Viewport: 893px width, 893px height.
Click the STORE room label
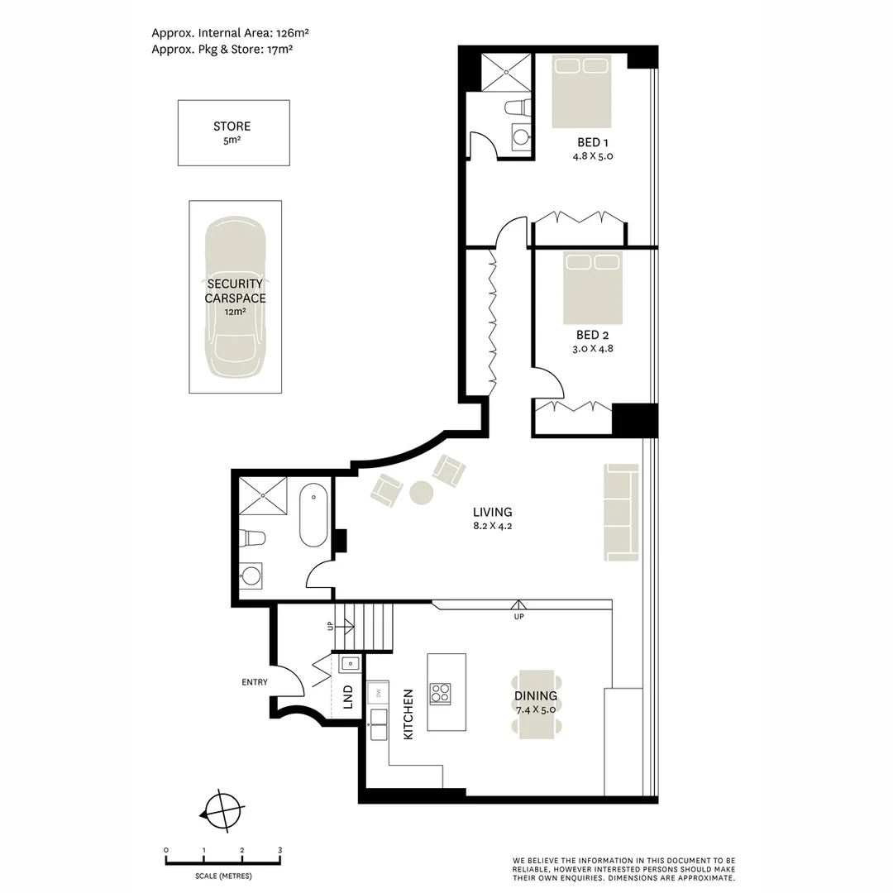pyautogui.click(x=232, y=126)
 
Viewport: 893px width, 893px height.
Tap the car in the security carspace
pyautogui.click(x=235, y=297)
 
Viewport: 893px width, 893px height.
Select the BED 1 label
pyautogui.click(x=593, y=142)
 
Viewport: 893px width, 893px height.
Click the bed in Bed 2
pyautogui.click(x=592, y=288)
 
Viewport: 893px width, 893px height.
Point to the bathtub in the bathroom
pyautogui.click(x=314, y=515)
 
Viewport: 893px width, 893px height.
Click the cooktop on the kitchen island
pyautogui.click(x=440, y=694)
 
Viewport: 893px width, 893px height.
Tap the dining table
pyautogui.click(x=536, y=704)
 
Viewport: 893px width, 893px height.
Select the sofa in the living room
pyautogui.click(x=621, y=512)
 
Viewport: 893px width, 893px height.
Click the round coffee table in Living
pyautogui.click(x=422, y=493)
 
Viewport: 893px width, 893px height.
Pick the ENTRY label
pyautogui.click(x=255, y=681)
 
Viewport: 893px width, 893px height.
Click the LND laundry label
pyautogui.click(x=348, y=696)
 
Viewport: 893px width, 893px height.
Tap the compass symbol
pyautogui.click(x=222, y=812)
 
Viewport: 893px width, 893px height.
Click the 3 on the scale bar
pyautogui.click(x=279, y=850)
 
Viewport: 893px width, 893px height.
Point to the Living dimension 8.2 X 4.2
pyautogui.click(x=493, y=526)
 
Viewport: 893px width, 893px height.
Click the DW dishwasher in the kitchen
pyautogui.click(x=378, y=693)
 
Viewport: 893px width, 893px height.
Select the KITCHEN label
pyautogui.click(x=408, y=714)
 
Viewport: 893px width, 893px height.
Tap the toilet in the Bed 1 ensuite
pyautogui.click(x=518, y=107)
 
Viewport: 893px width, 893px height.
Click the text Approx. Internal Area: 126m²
pyautogui.click(x=230, y=33)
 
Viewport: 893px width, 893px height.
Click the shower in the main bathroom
pyautogui.click(x=263, y=495)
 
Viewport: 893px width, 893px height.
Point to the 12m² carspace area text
pyautogui.click(x=235, y=312)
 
